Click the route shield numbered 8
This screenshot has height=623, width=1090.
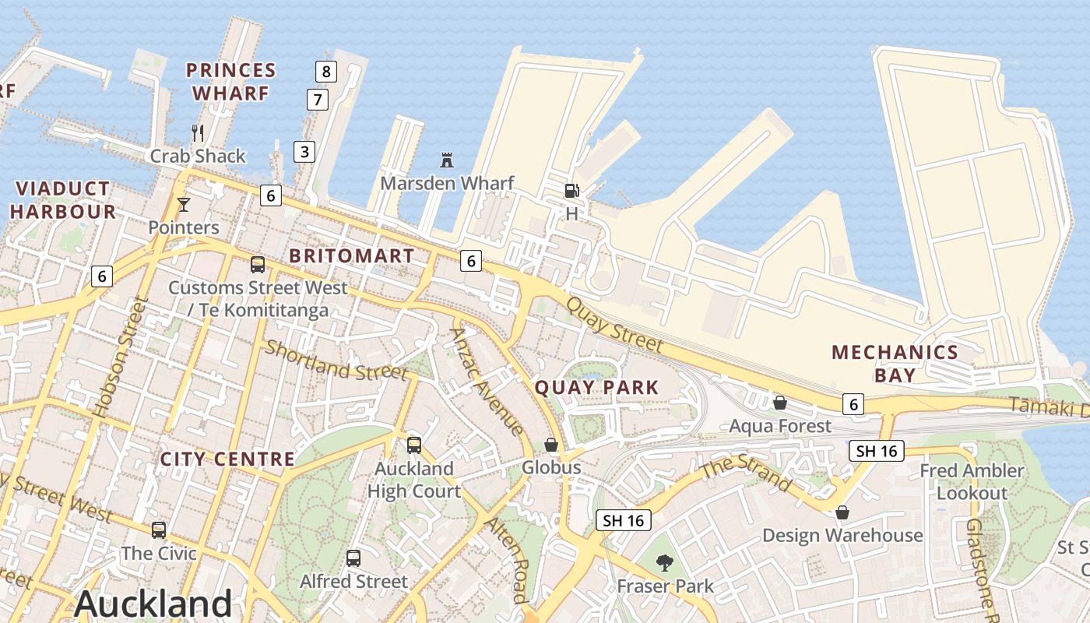pyautogui.click(x=326, y=72)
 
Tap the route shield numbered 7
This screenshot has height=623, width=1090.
pyautogui.click(x=317, y=100)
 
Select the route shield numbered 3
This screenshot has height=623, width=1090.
pyautogui.click(x=304, y=151)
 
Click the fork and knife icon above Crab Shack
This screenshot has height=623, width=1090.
pyautogui.click(x=198, y=133)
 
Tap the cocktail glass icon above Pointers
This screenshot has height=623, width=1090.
pyautogui.click(x=184, y=205)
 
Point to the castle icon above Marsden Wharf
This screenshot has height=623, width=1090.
pyautogui.click(x=447, y=160)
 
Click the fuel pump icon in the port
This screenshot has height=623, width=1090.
pyautogui.click(x=571, y=190)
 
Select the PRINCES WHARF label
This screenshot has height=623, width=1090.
pyautogui.click(x=230, y=82)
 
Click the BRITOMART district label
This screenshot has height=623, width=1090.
pyautogui.click(x=351, y=255)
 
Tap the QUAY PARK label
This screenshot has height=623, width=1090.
pyautogui.click(x=596, y=387)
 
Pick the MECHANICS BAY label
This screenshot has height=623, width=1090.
pyautogui.click(x=895, y=364)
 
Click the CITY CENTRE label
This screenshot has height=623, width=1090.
pyautogui.click(x=227, y=459)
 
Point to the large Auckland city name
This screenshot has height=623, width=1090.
pyautogui.click(x=153, y=604)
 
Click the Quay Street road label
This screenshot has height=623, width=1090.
pyautogui.click(x=614, y=325)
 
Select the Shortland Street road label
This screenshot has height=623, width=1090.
pyautogui.click(x=336, y=361)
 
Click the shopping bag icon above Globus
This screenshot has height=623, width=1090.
pyautogui.click(x=551, y=445)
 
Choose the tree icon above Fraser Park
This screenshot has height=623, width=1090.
pyautogui.click(x=665, y=562)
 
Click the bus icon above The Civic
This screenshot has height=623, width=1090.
pyautogui.click(x=159, y=530)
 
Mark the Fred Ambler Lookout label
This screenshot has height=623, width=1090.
pyautogui.click(x=972, y=481)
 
